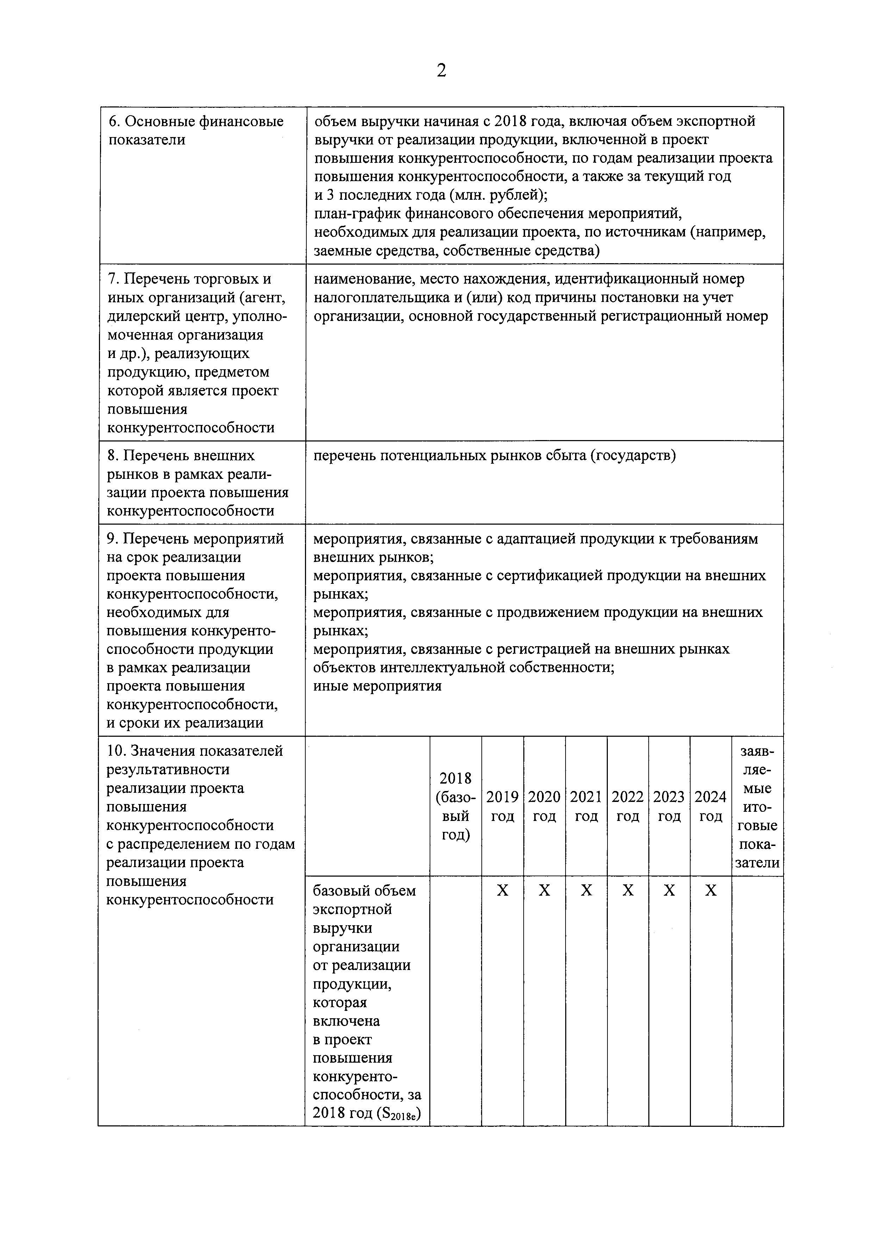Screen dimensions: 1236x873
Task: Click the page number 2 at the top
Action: [441, 70]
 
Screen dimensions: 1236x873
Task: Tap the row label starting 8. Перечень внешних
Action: [198, 483]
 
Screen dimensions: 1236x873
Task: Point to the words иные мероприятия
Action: [377, 686]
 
